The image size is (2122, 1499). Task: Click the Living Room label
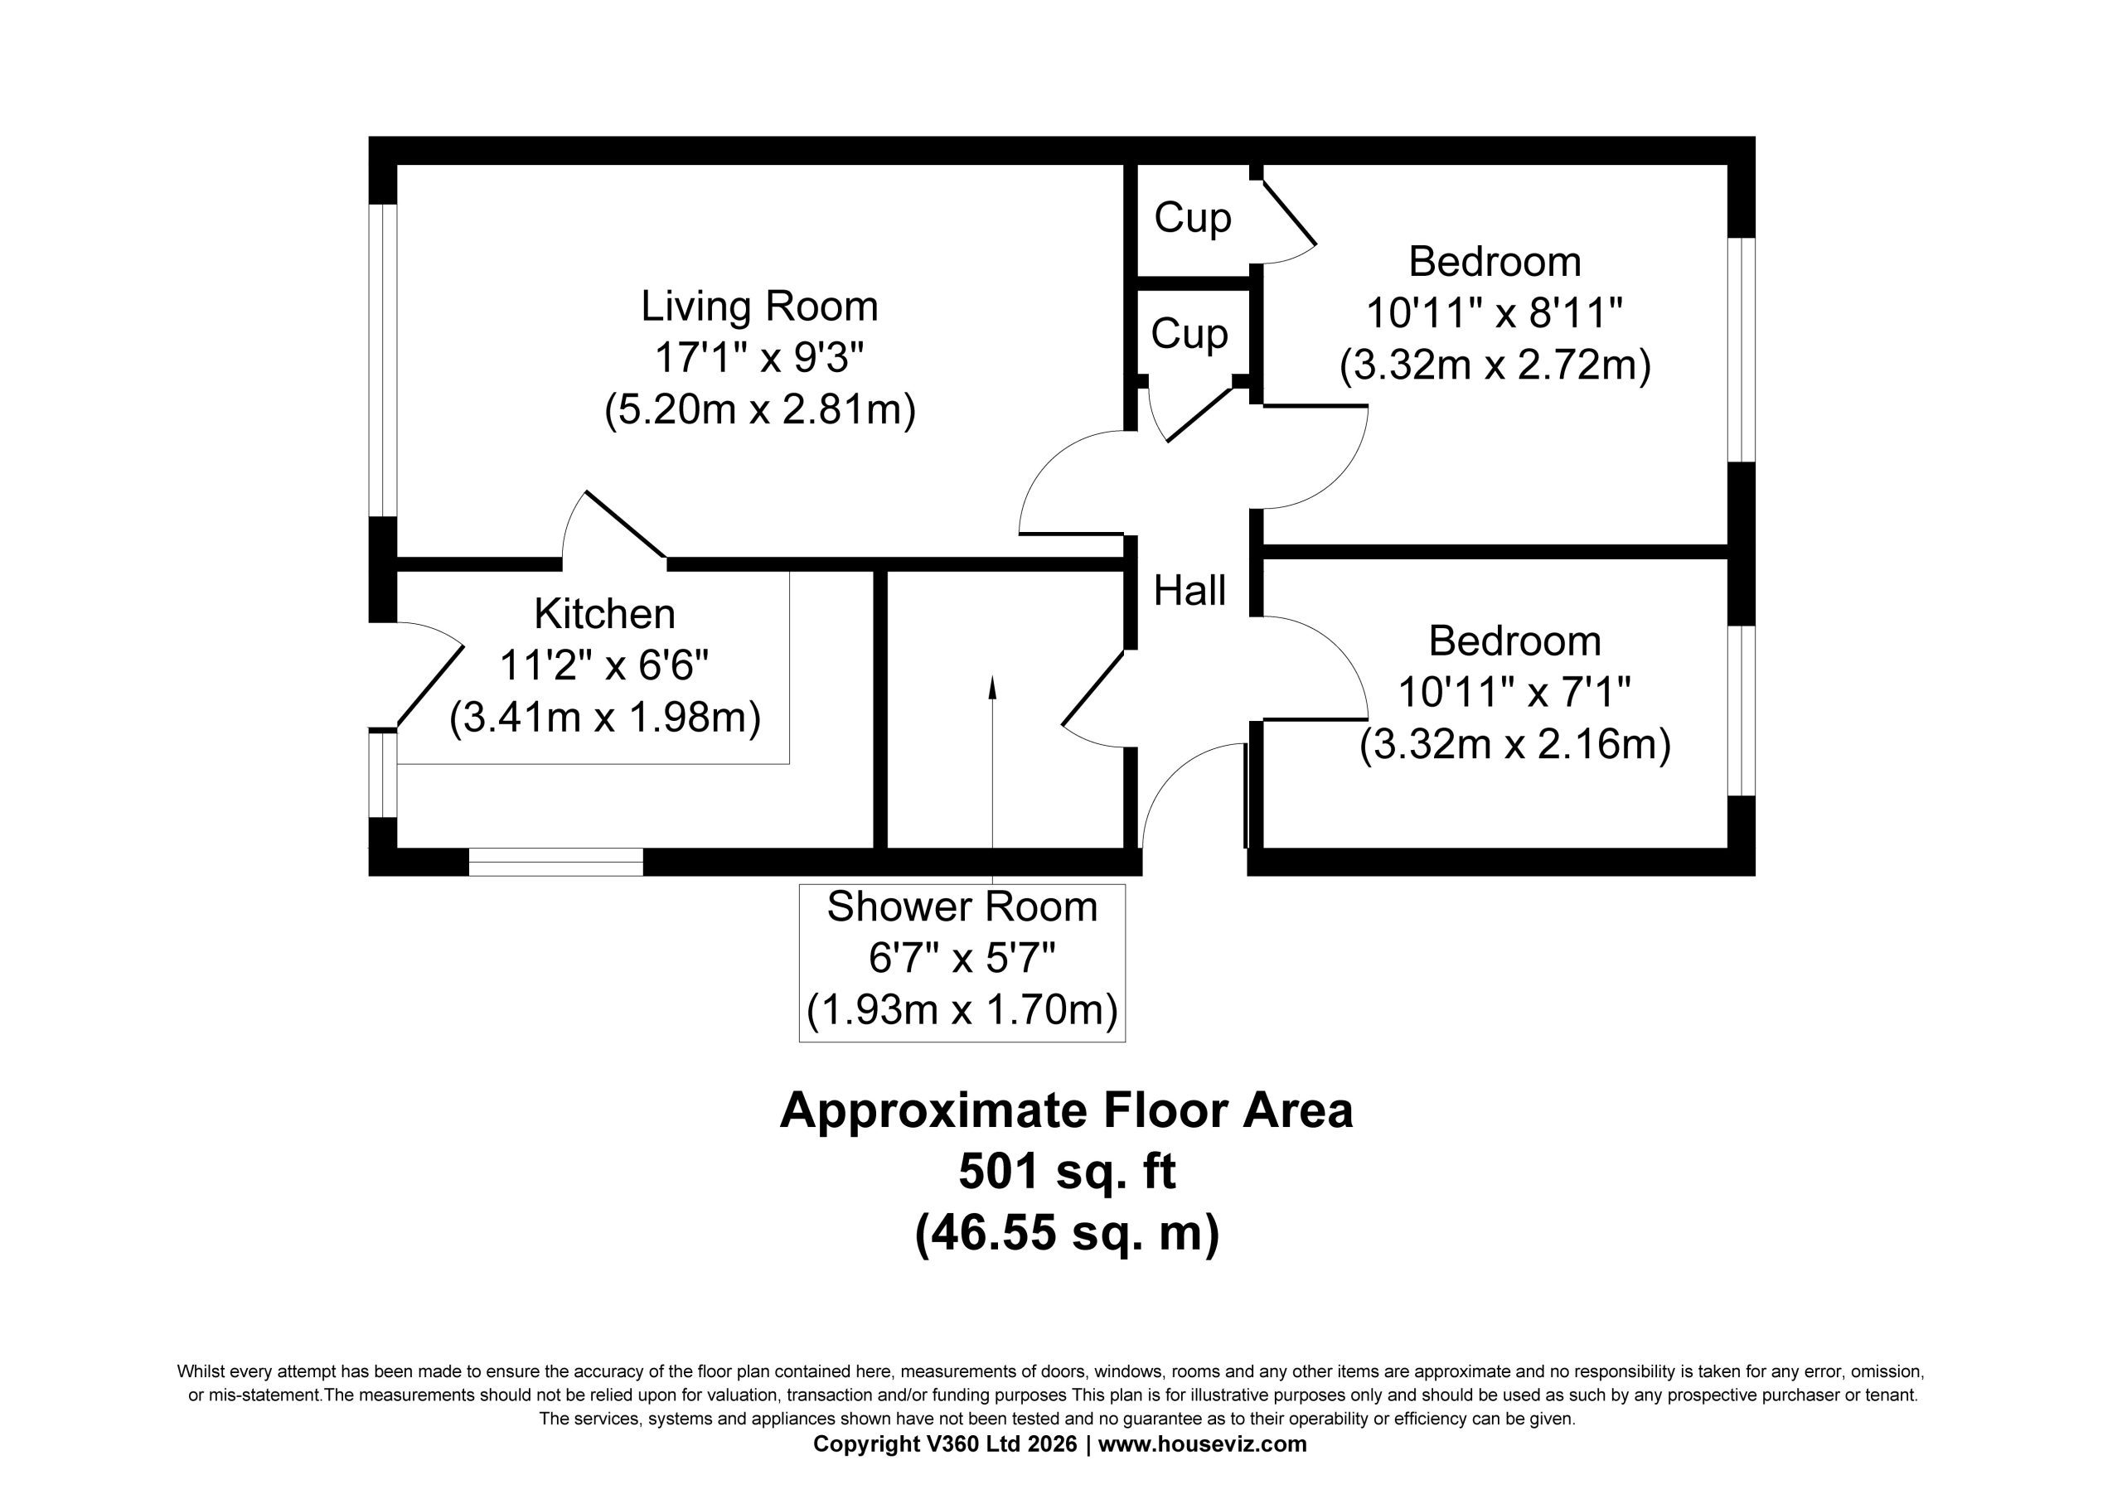pyautogui.click(x=760, y=307)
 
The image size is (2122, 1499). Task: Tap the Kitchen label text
pyautogui.click(x=605, y=614)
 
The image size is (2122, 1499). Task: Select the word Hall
pyautogui.click(x=1189, y=591)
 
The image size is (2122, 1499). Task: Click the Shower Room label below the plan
pyautogui.click(x=962, y=907)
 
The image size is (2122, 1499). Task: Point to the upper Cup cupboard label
pyautogui.click(x=1192, y=218)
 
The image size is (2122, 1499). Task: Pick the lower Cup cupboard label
pyautogui.click(x=1189, y=333)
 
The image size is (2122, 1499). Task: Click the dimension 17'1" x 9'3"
pyautogui.click(x=760, y=358)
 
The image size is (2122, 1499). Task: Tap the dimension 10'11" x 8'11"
pyautogui.click(x=1495, y=314)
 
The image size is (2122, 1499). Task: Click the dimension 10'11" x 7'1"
pyautogui.click(x=1514, y=692)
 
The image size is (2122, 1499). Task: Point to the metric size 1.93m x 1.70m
pyautogui.click(x=962, y=1010)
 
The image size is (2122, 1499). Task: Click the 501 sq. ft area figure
pyautogui.click(x=1067, y=1172)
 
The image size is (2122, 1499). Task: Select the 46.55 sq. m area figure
pyautogui.click(x=1067, y=1234)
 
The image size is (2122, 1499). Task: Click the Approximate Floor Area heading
pyautogui.click(x=1067, y=1111)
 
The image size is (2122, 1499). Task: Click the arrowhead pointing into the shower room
pyautogui.click(x=992, y=686)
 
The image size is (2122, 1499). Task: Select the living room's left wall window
pyautogui.click(x=383, y=360)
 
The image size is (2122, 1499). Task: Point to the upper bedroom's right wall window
pyautogui.click(x=1742, y=351)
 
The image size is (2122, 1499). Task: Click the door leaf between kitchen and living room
pyautogui.click(x=626, y=525)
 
